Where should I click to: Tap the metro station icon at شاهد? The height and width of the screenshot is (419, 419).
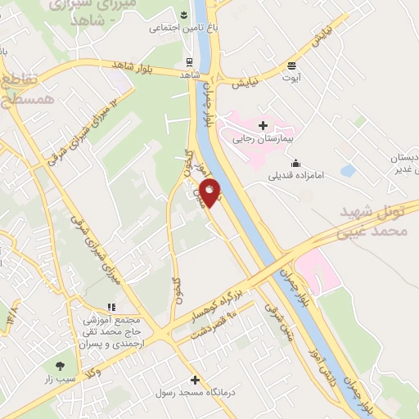190,61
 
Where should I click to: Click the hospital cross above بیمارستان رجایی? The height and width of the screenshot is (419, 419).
263,125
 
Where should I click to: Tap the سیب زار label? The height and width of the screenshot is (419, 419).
61,380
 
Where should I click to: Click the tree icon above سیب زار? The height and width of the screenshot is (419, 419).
60,365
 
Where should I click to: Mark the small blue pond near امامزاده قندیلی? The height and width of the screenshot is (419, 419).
348,171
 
